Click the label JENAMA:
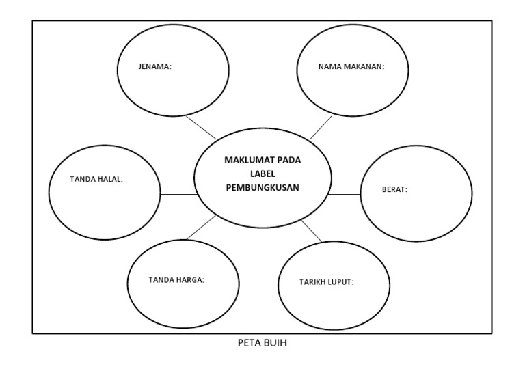click(155, 67)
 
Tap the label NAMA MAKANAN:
click(351, 67)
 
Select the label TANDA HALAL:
click(96, 180)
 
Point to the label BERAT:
click(394, 189)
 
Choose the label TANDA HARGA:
click(176, 279)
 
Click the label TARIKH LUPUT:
click(326, 281)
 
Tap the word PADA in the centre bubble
click(291, 161)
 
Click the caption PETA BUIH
click(262, 343)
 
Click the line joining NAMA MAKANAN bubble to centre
click(320, 127)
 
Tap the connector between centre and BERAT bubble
click(344, 195)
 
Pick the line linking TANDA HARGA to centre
click(200, 228)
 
